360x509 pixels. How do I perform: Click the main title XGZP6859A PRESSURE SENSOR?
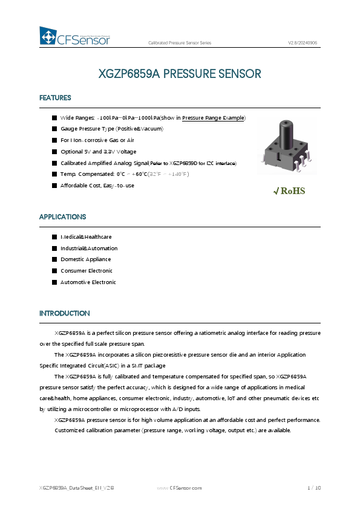click(x=180, y=74)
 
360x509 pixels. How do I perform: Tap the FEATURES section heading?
click(x=55, y=98)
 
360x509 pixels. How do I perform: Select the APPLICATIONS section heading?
click(x=62, y=216)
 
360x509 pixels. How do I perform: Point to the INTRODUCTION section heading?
click(x=64, y=313)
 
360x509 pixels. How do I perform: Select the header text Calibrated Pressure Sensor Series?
click(x=180, y=43)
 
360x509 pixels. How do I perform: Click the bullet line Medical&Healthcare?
click(x=86, y=237)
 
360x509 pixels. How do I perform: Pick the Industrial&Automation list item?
click(x=89, y=248)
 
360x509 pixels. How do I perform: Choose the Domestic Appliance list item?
click(x=86, y=259)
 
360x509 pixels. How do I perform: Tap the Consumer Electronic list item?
click(x=87, y=271)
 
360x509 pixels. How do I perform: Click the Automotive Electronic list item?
click(x=88, y=282)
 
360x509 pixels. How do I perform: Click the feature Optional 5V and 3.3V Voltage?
click(x=98, y=152)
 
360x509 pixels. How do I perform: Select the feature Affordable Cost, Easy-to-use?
click(x=97, y=185)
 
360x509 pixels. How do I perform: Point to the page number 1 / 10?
click(x=313, y=487)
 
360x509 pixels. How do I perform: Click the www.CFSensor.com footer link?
click(x=179, y=487)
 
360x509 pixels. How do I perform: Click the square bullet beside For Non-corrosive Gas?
click(x=54, y=140)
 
